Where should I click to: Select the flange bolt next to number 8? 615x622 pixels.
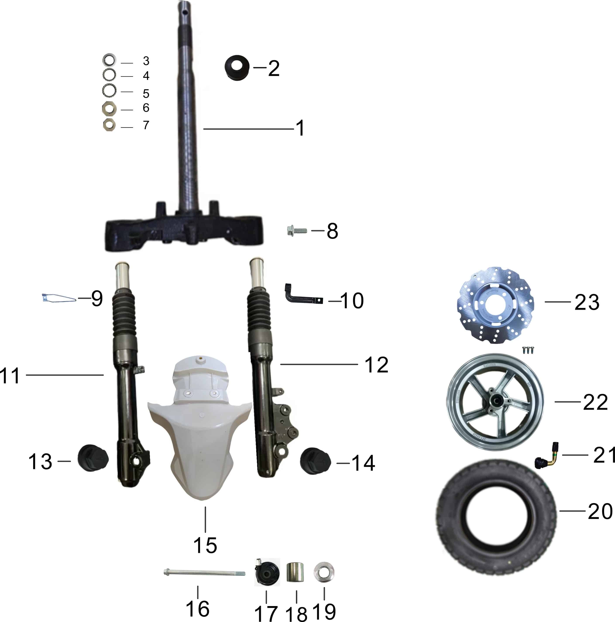pos(297,231)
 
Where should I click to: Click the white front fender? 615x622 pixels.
pos(199,428)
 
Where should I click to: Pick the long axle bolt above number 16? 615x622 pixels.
pos(204,573)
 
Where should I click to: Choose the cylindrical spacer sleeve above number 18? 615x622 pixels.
pos(296,572)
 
